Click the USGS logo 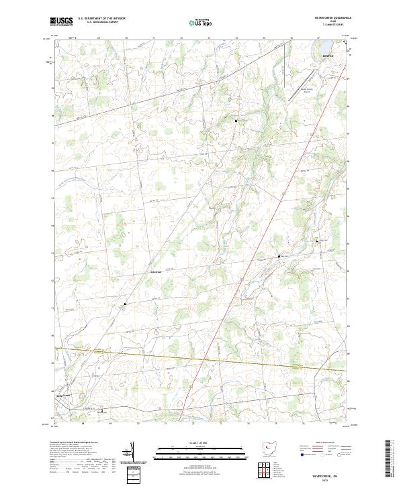(61, 21)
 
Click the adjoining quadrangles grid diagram (265, 469)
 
